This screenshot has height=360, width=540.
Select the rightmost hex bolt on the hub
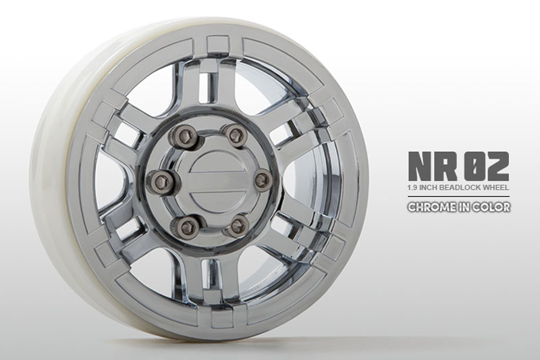click(x=262, y=178)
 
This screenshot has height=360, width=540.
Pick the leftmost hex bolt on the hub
click(x=162, y=180)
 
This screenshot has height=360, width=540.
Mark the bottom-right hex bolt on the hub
click(x=236, y=225)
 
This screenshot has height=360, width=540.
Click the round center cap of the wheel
click(x=211, y=180)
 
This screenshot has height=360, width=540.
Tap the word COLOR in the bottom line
click(x=492, y=207)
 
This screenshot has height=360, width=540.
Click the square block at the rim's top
click(x=218, y=45)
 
